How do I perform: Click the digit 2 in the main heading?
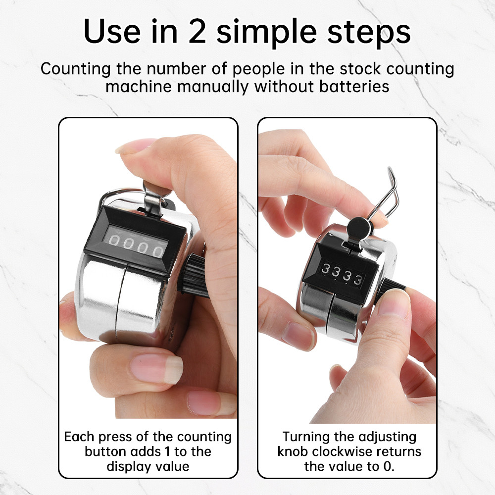click(x=198, y=32)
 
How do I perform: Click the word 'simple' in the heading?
click(x=266, y=33)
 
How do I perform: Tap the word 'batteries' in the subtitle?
click(x=354, y=86)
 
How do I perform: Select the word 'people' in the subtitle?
click(x=258, y=69)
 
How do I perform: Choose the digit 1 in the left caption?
click(x=168, y=451)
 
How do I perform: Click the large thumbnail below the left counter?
click(x=156, y=368)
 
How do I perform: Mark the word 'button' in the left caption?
click(x=105, y=451)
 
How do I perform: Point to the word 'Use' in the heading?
click(x=112, y=32)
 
